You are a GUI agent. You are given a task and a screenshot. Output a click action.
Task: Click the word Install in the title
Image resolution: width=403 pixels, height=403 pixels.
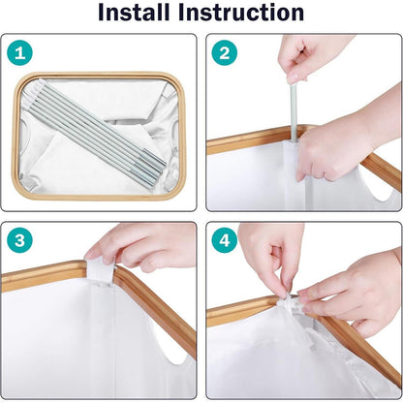pos(134,13)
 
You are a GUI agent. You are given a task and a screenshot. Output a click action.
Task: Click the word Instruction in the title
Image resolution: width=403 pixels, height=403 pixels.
pos(241,13)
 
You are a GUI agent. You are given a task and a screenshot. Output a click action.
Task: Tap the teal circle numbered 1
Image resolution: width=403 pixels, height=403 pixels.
pos(19,52)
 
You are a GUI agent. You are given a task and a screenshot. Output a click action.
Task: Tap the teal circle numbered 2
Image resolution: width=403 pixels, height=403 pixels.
pos(225,52)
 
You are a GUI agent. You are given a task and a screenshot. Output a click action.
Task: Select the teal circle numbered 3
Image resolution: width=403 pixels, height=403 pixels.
pos(19,240)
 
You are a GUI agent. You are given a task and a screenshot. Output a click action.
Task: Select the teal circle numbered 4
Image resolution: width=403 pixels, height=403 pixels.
pos(225,240)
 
